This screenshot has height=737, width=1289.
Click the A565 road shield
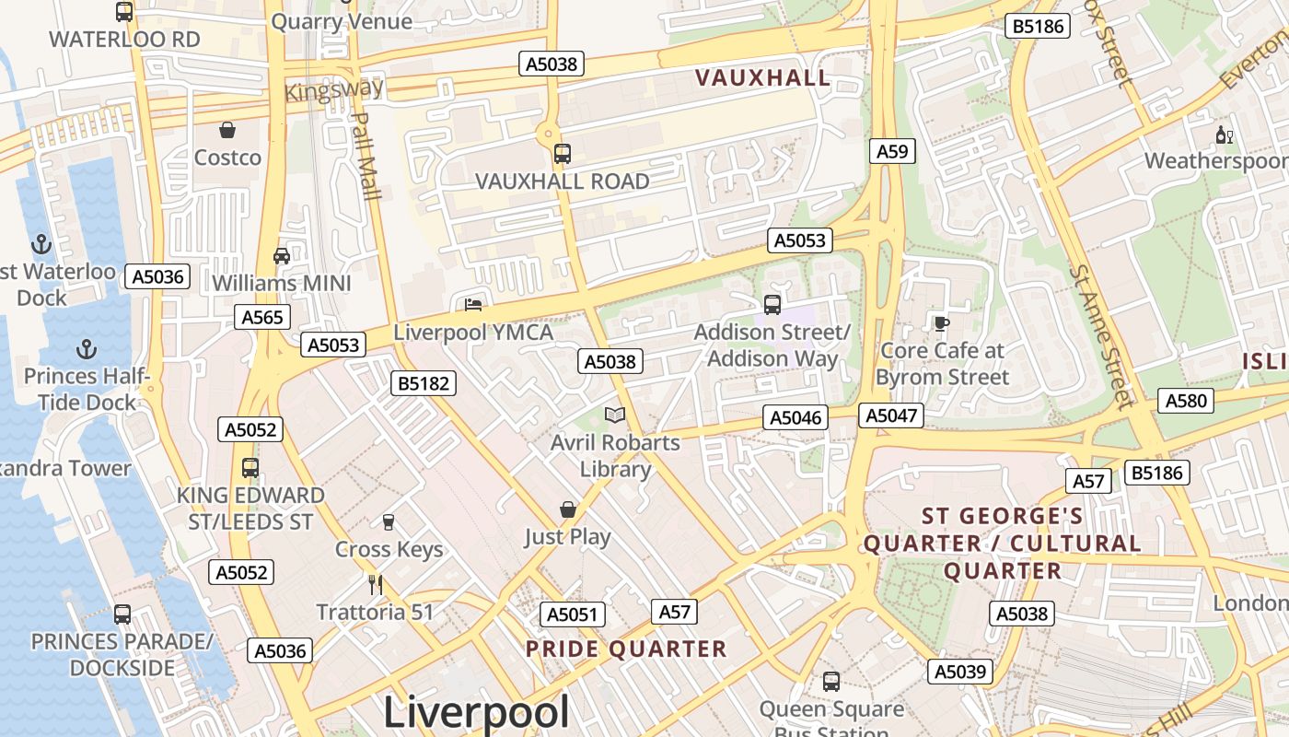262,318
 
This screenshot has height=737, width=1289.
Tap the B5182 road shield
423,383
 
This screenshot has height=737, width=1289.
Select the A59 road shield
892,151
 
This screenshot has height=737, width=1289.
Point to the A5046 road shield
795,418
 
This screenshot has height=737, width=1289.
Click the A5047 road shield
891,415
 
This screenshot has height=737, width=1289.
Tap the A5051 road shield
572,614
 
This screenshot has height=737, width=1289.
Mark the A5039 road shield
959,672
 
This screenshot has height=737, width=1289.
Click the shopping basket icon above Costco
227,130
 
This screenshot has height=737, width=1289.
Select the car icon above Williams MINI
282,255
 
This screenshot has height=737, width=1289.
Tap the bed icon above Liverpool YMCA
473,305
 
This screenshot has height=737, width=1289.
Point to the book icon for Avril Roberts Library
615,415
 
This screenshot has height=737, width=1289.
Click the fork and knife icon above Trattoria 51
375,584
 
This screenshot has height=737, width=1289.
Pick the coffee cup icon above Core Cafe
941,323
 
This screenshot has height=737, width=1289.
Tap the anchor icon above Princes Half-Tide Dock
86,349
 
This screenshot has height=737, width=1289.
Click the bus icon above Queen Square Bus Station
831,682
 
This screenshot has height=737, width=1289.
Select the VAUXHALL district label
763,78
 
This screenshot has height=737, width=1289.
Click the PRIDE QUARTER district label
626,649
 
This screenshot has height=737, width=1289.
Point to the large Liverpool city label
475,712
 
